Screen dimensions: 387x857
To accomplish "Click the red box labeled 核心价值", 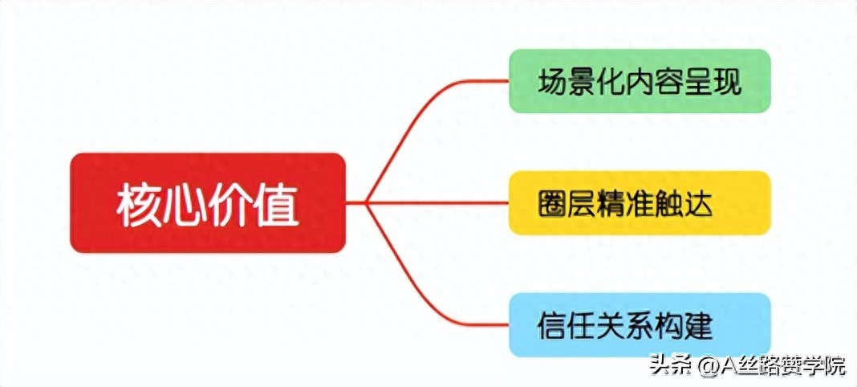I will [x=207, y=202].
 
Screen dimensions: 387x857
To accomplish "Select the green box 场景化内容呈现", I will [x=640, y=80].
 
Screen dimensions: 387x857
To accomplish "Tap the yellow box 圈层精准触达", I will [x=640, y=202].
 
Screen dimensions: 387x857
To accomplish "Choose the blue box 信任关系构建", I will [x=640, y=324].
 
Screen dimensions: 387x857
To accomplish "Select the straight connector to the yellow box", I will [x=437, y=202].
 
